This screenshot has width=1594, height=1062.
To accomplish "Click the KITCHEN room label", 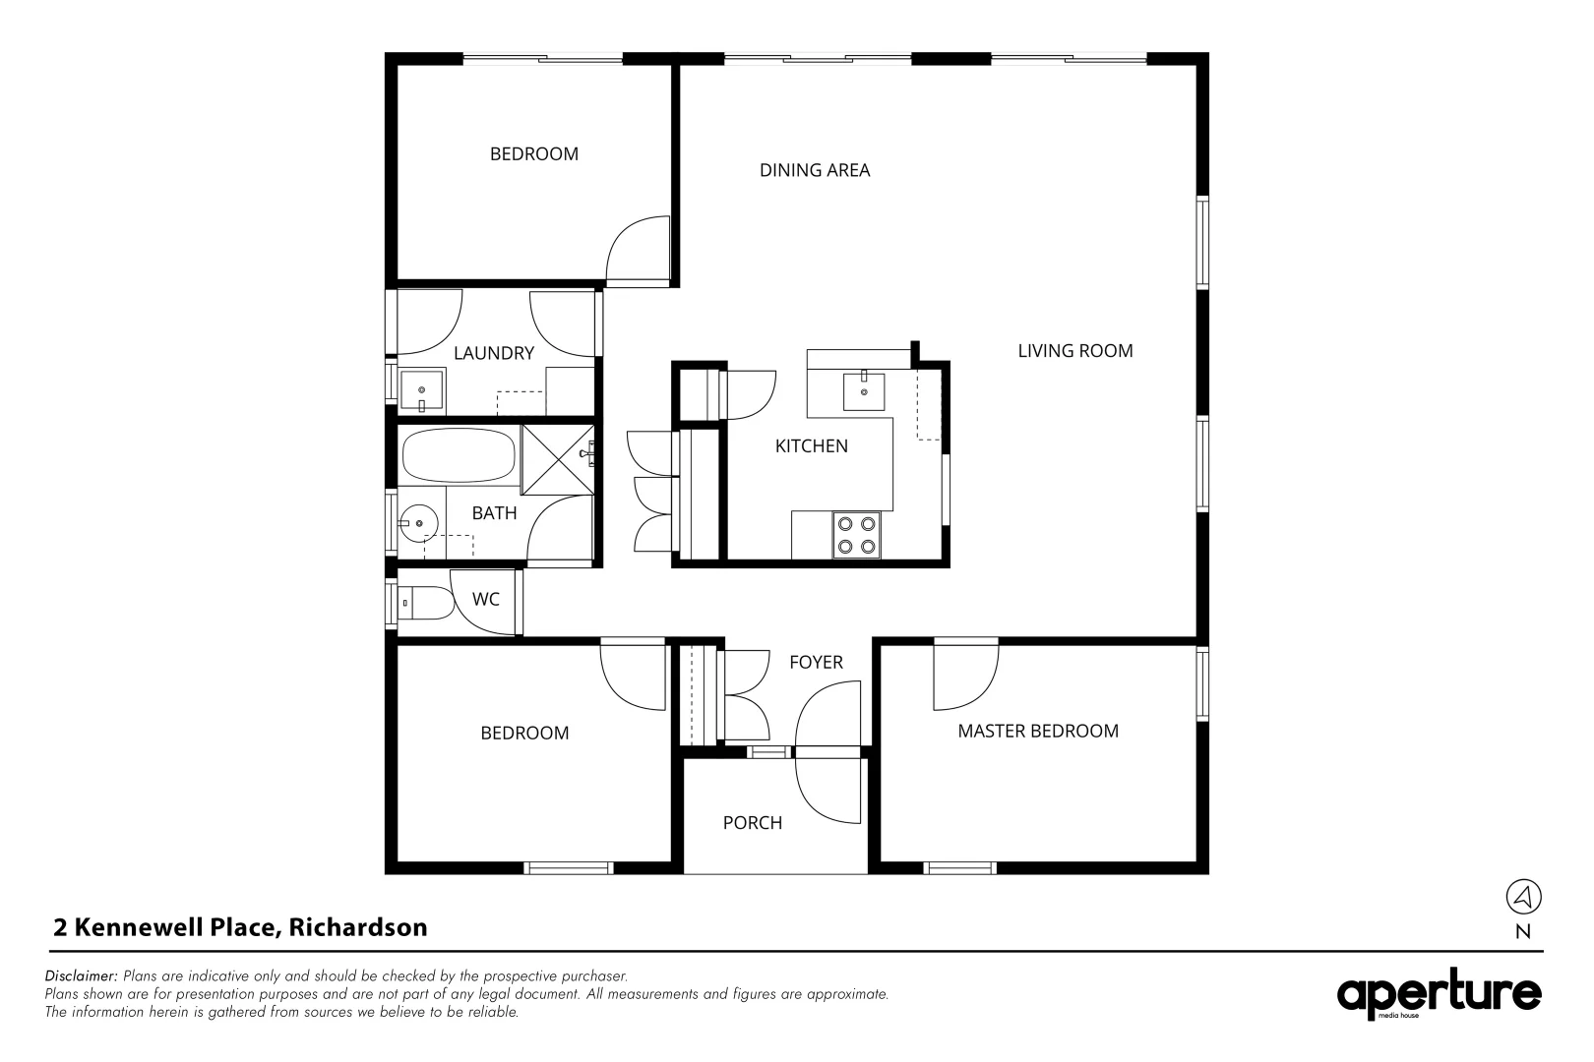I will (811, 446).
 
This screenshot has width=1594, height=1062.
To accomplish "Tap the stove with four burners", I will (856, 536).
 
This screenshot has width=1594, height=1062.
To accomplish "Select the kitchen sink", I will (863, 391).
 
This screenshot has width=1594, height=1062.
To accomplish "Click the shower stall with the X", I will (556, 458).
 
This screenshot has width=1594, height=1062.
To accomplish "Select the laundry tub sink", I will (423, 391).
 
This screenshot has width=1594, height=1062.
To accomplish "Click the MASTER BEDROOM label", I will (1037, 731).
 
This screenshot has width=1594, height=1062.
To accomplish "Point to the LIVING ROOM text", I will (1074, 351).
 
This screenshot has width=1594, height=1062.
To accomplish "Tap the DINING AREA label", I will (814, 170).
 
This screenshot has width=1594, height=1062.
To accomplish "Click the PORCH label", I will (752, 823).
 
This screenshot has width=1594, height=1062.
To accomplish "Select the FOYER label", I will (816, 663).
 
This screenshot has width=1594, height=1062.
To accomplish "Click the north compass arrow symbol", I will (1523, 897).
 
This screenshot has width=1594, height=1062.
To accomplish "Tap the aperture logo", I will (1439, 995).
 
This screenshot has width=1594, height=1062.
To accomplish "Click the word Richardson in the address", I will (358, 927).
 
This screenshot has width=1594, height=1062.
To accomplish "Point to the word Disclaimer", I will (82, 976).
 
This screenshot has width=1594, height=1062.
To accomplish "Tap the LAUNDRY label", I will (493, 353).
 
